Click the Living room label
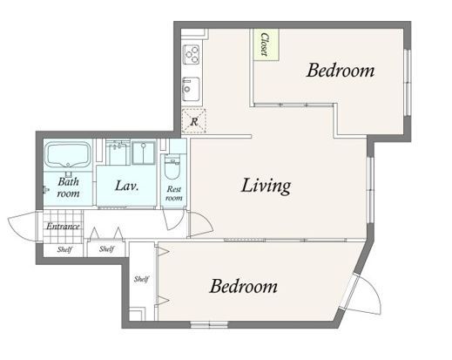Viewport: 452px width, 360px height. (266, 186)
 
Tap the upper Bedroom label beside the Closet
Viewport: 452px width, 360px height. (341, 71)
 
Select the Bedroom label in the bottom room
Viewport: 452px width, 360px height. (243, 286)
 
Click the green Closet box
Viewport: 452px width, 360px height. (266, 44)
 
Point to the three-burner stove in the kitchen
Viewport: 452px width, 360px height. (192, 54)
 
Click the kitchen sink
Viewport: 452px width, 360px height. (191, 89)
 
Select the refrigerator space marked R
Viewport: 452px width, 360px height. (194, 121)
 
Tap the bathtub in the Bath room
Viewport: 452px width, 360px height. (68, 155)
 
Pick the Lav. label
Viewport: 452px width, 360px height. (126, 186)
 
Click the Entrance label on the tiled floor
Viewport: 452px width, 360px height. (63, 226)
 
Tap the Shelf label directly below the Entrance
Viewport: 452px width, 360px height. (64, 249)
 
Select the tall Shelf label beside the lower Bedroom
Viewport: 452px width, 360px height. (141, 279)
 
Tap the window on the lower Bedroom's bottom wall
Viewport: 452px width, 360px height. (209, 324)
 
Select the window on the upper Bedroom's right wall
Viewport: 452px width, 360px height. (408, 83)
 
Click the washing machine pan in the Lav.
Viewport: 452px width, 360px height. (143, 153)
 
